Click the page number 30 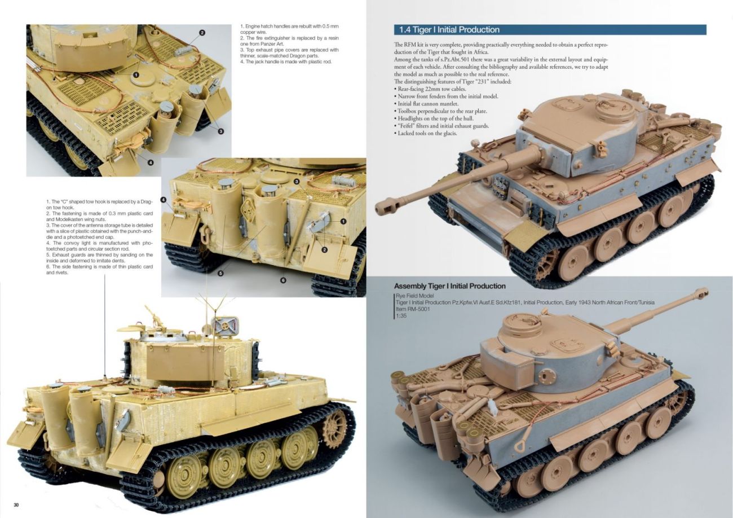(16, 505)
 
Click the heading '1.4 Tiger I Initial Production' (449, 30)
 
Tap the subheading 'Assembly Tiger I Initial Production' (449, 286)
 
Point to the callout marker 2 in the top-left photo (202, 32)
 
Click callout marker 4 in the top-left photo (151, 163)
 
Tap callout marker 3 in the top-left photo (220, 131)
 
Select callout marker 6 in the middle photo (283, 280)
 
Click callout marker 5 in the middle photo (220, 273)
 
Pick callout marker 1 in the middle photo (343, 222)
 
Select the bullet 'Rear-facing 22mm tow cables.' (430, 89)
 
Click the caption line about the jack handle (286, 62)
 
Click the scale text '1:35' (401, 316)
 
